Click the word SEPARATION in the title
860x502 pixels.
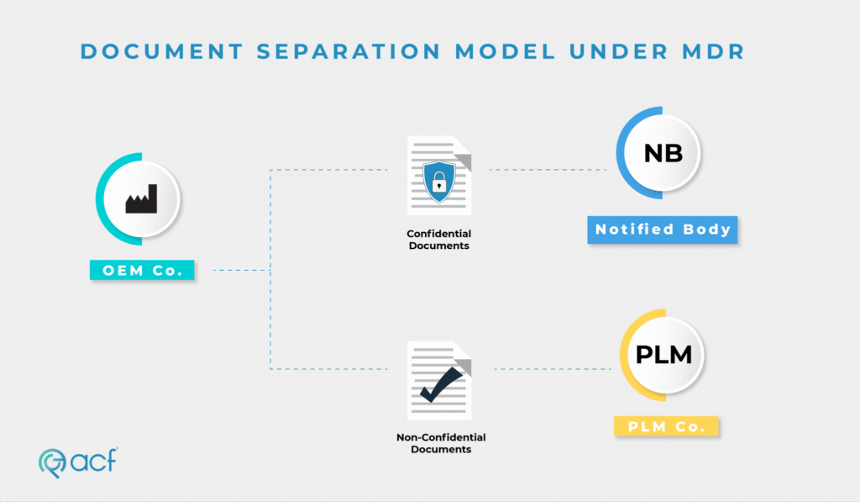349,51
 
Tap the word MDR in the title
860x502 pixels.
713,51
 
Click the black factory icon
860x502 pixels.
141,198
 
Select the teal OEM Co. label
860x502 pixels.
142,270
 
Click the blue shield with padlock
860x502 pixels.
438,182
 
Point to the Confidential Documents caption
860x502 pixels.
438,240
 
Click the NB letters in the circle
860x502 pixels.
663,153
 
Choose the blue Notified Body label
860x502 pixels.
663,230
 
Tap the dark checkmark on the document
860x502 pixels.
441,384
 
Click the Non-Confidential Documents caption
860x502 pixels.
441,443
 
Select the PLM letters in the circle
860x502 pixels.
663,355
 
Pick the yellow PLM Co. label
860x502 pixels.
666,427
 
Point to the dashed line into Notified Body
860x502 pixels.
548,170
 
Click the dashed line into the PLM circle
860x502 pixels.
553,369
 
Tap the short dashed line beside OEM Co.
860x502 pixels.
241,270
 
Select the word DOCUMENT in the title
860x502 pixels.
162,51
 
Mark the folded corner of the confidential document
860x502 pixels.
464,160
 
